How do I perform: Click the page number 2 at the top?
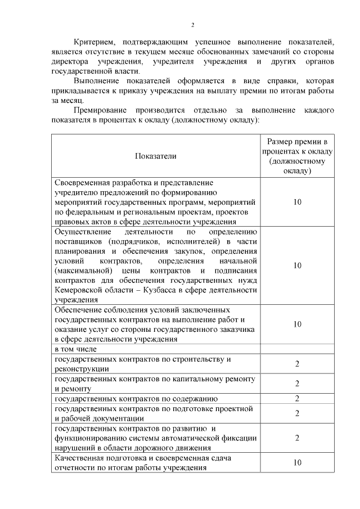coord(192,25)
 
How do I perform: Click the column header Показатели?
coord(155,156)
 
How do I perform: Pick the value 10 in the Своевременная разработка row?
coord(297,202)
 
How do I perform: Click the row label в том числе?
coord(75,349)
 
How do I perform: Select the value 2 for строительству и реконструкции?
coord(297,364)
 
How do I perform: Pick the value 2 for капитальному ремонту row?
coord(297,384)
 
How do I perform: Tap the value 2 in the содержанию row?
coord(297,399)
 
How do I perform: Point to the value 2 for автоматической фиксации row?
coord(297,438)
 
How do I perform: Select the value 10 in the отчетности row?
coord(297,463)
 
